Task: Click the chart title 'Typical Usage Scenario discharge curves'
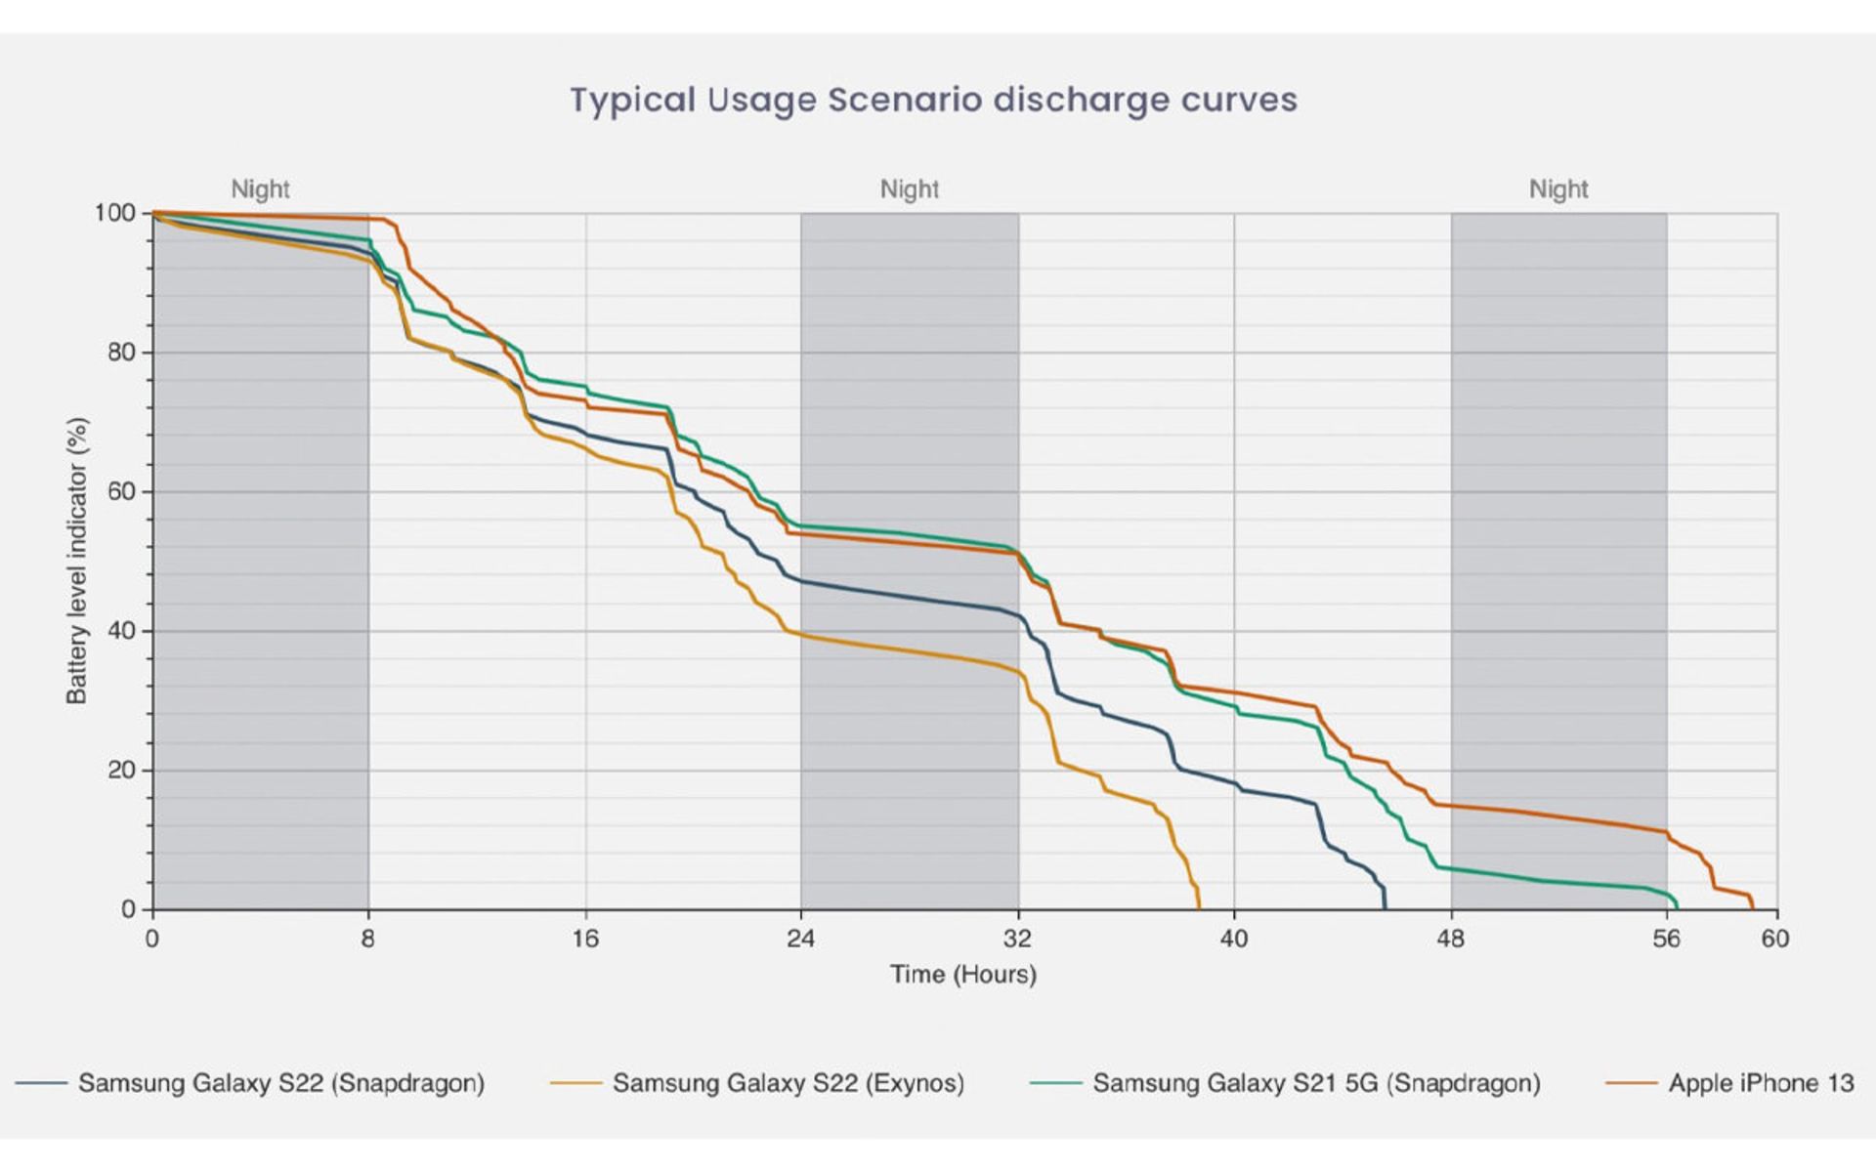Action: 933,101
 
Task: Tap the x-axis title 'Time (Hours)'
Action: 962,974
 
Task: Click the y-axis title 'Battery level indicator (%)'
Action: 77,561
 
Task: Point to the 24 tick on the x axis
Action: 800,939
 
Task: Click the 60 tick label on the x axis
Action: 1775,939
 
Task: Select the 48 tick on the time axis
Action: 1451,939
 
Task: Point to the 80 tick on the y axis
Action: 121,353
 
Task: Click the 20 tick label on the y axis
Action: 121,771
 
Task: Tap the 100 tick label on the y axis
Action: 114,213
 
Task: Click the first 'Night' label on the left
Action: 260,188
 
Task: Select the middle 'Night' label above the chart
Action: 909,188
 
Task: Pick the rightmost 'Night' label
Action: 1558,188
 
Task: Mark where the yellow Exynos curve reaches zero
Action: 1199,907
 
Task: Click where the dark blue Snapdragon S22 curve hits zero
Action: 1385,907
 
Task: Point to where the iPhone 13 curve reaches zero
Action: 1753,907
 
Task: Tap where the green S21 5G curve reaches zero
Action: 1677,907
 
